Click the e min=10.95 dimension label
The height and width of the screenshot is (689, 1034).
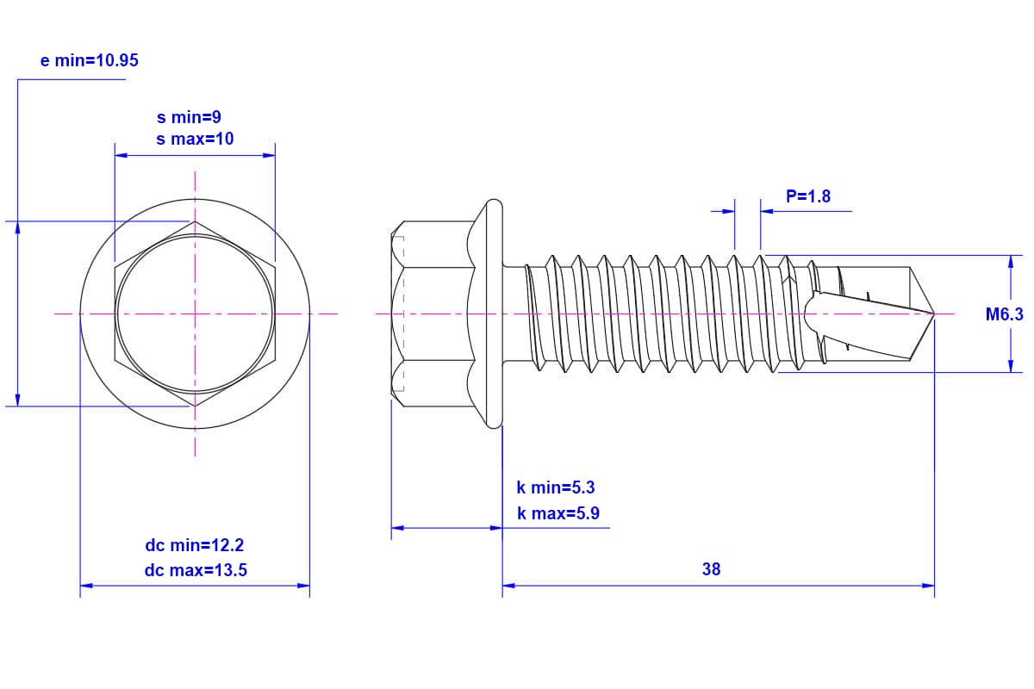pos(89,60)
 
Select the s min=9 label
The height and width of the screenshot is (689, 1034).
pos(189,117)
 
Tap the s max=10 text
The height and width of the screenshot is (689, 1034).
pos(195,139)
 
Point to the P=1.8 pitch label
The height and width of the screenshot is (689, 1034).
pos(808,196)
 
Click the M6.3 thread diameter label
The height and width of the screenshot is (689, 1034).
pos(1005,314)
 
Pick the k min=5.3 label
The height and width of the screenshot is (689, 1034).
pos(555,487)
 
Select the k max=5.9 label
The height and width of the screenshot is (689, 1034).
pos(558,513)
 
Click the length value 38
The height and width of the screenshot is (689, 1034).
pos(712,569)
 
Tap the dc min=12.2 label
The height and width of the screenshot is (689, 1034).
pos(195,545)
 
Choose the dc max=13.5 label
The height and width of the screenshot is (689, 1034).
pos(196,570)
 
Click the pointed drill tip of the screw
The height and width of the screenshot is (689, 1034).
pos(934,313)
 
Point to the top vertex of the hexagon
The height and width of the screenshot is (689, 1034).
pos(195,221)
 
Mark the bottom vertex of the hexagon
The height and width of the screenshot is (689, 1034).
pos(195,407)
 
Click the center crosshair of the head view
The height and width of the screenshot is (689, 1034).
pos(195,313)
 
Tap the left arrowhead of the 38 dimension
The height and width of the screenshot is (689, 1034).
pos(508,586)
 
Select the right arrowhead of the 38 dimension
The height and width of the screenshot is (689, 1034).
pos(928,586)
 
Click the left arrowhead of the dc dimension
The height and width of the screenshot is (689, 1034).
pos(87,586)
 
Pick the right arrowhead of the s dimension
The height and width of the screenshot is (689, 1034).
pos(269,156)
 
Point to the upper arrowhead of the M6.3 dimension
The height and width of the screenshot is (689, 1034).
pos(1011,262)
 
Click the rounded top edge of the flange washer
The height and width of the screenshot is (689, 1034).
pos(495,202)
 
